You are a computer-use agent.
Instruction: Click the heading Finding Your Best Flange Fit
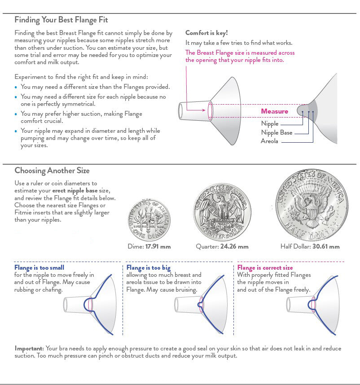click(61, 20)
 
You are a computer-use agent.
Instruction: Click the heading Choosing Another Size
click(52, 171)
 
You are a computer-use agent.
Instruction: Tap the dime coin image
click(149, 219)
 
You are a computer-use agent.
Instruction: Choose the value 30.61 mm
click(326, 246)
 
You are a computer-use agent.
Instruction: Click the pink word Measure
click(275, 111)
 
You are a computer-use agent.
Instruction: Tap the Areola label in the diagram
click(269, 141)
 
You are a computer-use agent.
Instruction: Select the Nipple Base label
click(277, 132)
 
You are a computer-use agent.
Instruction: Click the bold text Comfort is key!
click(206, 33)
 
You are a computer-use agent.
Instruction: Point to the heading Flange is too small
click(39, 268)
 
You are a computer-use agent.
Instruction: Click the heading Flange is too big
click(148, 268)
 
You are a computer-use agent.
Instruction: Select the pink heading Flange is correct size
click(265, 268)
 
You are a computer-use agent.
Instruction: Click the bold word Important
click(29, 348)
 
